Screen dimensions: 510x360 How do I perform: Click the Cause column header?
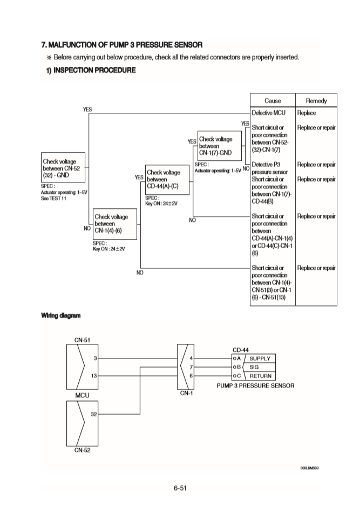pos(273,101)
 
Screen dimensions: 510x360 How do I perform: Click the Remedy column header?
pos(316,101)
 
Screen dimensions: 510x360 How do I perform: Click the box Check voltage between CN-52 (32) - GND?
pos(64,168)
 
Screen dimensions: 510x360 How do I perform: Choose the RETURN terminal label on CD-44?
pos(260,376)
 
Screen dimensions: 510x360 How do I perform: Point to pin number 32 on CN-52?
pos(93,413)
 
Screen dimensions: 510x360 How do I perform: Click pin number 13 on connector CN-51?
pos(94,376)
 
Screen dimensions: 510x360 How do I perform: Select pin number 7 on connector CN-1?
pos(192,367)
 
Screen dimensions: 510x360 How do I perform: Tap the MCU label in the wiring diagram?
pos(82,395)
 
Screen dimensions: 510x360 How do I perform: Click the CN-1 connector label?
pos(186,392)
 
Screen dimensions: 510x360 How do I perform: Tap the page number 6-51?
pos(180,488)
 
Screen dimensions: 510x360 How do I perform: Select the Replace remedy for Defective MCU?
pos(307,113)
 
